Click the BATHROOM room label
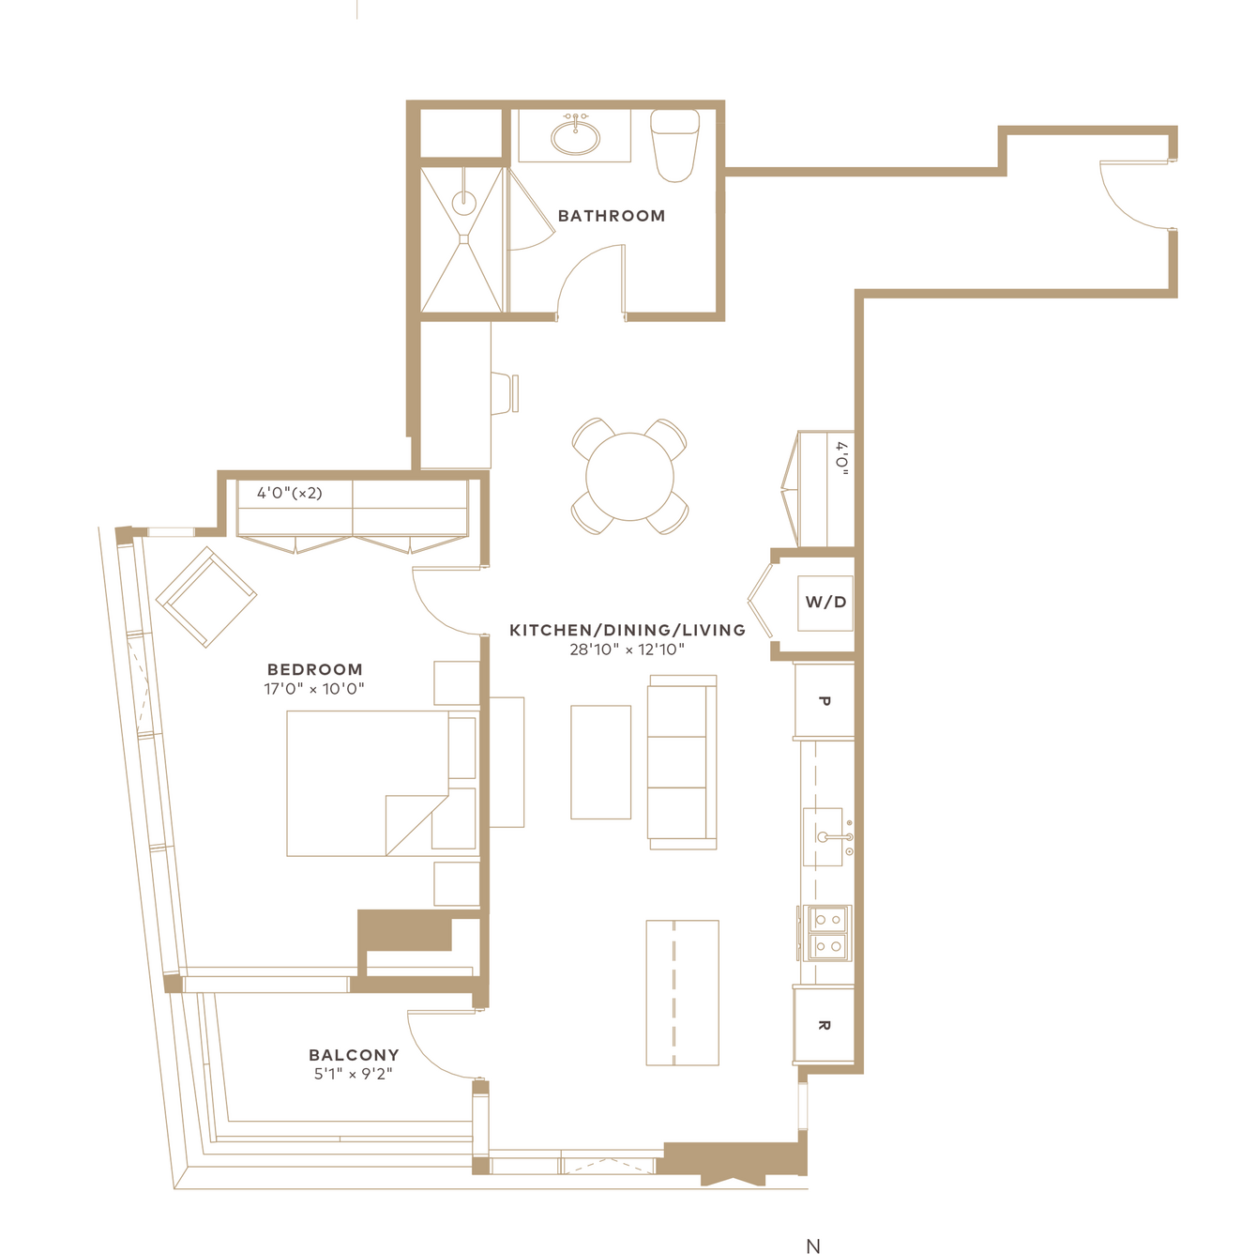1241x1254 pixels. coord(611,216)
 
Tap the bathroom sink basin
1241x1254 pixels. coord(575,137)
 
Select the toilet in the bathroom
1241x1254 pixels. coord(674,145)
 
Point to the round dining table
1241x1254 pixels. coord(629,477)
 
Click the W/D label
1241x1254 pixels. coord(825,602)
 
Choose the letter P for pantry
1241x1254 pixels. coord(824,701)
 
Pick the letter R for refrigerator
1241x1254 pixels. coord(824,1026)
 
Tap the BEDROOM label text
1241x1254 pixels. coord(315,669)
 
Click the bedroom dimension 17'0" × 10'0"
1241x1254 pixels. coord(314,689)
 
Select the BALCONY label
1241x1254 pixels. coord(354,1055)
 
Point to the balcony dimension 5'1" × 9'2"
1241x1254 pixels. coord(354,1075)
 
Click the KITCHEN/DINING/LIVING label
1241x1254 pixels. coord(627,630)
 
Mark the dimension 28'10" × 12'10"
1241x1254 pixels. coord(627,650)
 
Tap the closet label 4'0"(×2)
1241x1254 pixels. coord(290,494)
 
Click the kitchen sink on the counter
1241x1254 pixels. coord(823,837)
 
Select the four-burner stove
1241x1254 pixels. coord(827,933)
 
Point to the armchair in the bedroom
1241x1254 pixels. coord(206,597)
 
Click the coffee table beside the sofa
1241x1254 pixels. coord(600,762)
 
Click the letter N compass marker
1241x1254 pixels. coord(813,1246)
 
